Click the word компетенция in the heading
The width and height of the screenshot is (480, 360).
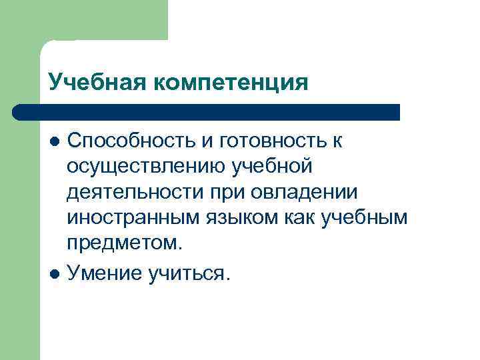[233, 83]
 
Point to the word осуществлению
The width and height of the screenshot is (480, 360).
[145, 165]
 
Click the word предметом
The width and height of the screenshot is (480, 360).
[124, 243]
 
